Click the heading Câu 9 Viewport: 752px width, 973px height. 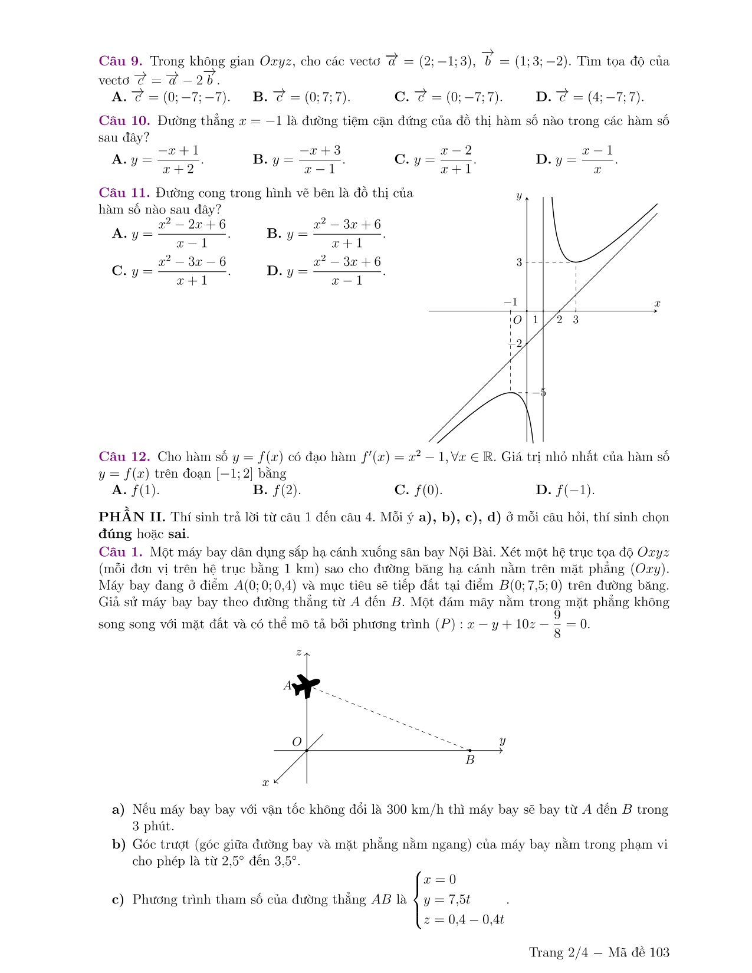120,61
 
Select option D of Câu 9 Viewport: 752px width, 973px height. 589,97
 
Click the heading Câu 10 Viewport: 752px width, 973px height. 124,121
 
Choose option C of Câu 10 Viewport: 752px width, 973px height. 435,160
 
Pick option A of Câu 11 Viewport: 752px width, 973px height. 170,234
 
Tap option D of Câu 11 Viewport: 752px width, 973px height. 326,271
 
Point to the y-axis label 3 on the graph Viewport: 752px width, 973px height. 519,262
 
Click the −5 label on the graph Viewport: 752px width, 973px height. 540,393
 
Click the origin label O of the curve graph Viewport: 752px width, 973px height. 517,320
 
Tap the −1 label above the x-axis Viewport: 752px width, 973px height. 511,302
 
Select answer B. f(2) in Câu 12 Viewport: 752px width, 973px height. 277,490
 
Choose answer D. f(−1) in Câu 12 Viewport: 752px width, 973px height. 565,490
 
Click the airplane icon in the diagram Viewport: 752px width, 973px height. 307,685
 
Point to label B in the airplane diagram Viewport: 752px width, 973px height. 470,760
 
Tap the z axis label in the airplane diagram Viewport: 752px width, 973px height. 299,652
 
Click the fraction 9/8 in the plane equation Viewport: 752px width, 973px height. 557,624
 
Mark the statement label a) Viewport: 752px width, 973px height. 118,810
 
